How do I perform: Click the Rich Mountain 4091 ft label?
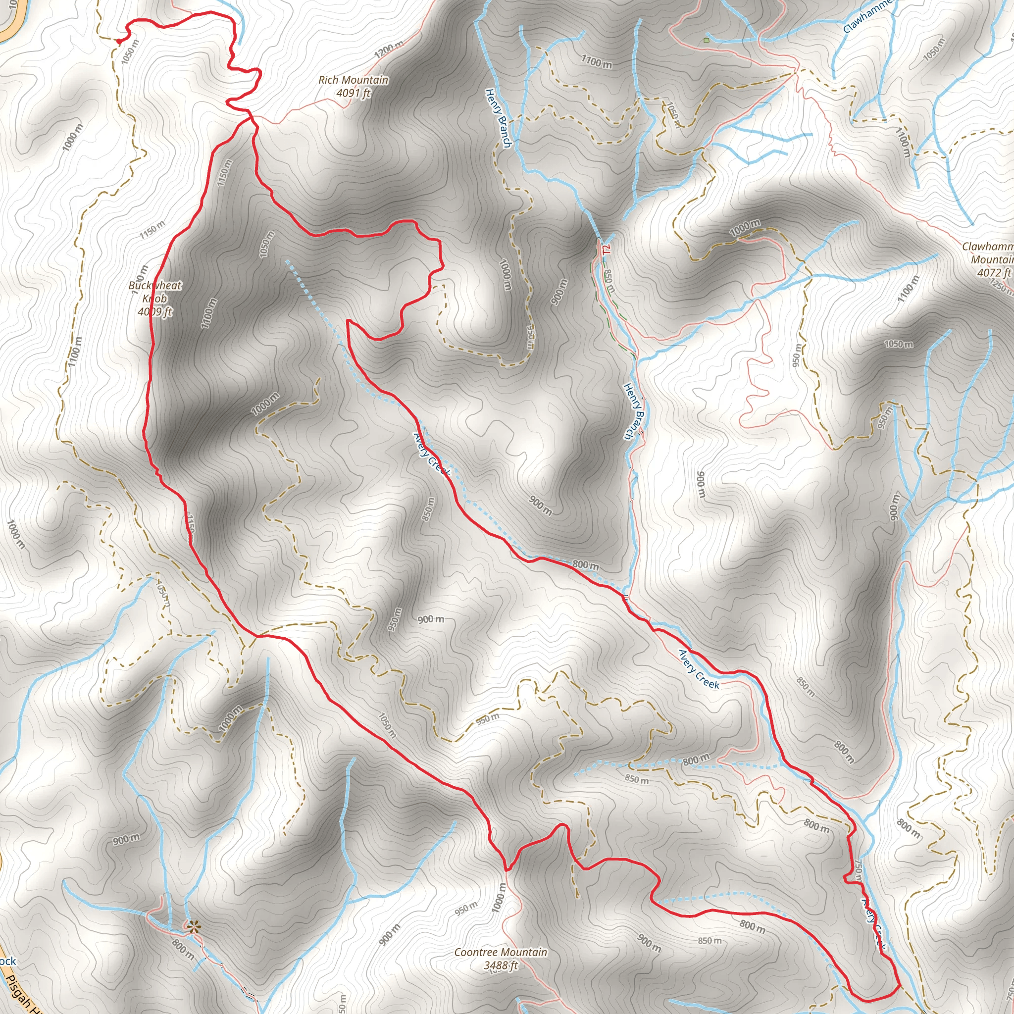pos(353,86)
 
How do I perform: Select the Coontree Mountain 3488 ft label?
pos(500,959)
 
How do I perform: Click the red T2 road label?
pos(607,250)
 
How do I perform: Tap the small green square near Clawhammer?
pos(707,40)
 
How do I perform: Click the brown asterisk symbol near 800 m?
pos(193,927)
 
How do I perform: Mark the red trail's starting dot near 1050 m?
pos(120,42)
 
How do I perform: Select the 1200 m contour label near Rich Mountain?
pos(389,51)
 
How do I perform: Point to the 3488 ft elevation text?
pos(500,965)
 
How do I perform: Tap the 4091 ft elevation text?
pos(353,93)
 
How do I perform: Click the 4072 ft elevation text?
pos(994,272)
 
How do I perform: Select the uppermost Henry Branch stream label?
pos(498,118)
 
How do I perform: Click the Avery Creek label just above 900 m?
pos(431,454)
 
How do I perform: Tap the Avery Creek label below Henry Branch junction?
pos(699,668)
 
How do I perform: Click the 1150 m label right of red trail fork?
pos(224,173)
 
